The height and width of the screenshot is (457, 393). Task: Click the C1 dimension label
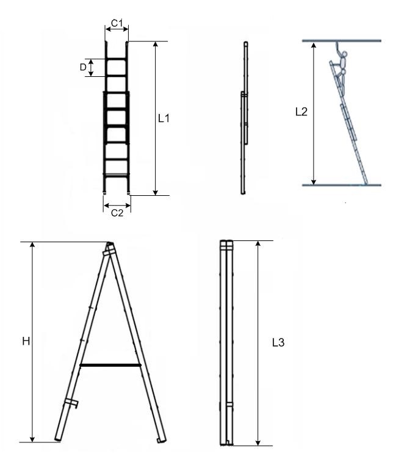point(117,23)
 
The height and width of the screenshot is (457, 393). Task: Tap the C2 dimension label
point(117,213)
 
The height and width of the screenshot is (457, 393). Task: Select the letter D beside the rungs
point(83,67)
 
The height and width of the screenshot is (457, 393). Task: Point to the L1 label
point(164,118)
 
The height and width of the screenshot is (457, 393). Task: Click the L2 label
point(301,112)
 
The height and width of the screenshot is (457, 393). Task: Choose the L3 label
point(278,342)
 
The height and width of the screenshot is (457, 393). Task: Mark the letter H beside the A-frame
point(26,341)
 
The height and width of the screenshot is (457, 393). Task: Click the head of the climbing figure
point(344,54)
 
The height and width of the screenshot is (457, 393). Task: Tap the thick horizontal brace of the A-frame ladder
point(110,365)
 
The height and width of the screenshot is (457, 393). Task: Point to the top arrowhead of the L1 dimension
point(156,45)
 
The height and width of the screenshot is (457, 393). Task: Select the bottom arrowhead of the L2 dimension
point(314,182)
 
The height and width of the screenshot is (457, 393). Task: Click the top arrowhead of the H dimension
point(32,245)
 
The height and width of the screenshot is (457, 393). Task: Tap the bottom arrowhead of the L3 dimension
point(258,442)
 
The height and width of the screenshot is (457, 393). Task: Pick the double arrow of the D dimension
point(91,68)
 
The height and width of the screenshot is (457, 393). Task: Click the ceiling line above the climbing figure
point(342,40)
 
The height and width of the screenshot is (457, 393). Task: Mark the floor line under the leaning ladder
point(342,185)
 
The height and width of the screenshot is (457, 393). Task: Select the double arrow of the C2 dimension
point(117,206)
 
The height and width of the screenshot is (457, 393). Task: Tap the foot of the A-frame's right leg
point(162,440)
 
